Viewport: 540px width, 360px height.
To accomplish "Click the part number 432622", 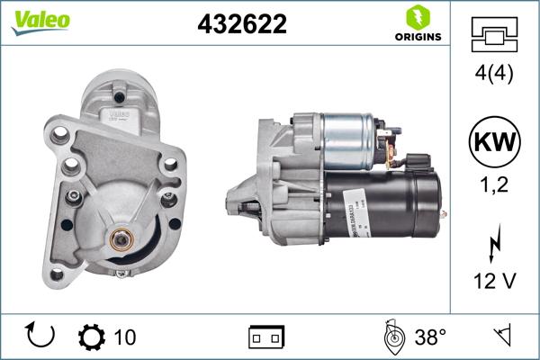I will pyautogui.click(x=241, y=25).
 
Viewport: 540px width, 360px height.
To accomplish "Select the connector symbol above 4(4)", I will pyautogui.click(x=494, y=35).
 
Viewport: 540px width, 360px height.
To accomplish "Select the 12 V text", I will pyautogui.click(x=494, y=282).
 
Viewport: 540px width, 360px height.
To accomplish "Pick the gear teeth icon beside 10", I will pyautogui.click(x=91, y=337).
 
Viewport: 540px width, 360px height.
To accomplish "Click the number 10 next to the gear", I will pyautogui.click(x=125, y=337).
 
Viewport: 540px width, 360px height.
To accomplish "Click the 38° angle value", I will pyautogui.click(x=430, y=337).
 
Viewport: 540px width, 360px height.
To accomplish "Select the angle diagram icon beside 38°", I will pyautogui.click(x=393, y=337).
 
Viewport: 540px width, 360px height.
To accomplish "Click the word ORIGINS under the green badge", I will pyautogui.click(x=417, y=38).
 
